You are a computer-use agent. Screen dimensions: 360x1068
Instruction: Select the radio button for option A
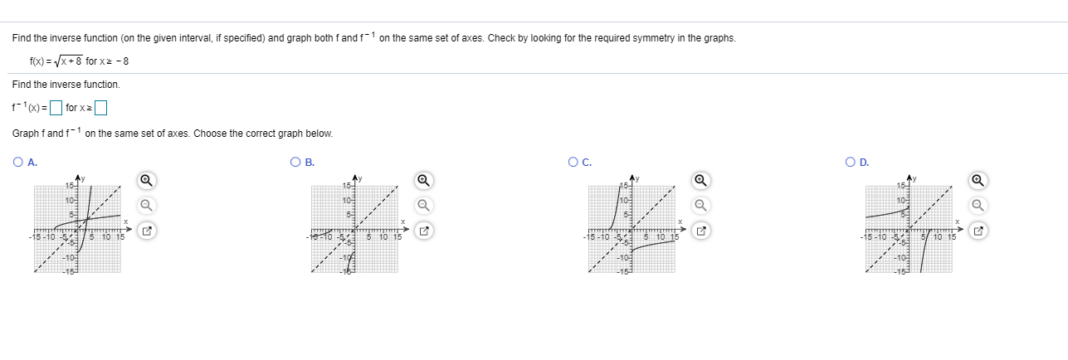pos(18,162)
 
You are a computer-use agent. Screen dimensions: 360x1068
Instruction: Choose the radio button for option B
pos(296,162)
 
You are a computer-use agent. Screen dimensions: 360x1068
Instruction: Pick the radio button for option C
pos(573,162)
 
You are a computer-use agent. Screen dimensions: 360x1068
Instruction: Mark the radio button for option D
pos(851,162)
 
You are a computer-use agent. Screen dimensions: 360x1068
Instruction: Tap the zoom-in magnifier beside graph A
pos(146,180)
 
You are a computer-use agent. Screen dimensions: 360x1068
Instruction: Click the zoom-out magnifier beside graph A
pos(146,205)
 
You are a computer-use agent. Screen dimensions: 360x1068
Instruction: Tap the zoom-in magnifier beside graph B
pos(423,180)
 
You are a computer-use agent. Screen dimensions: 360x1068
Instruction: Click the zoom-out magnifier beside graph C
pos(701,205)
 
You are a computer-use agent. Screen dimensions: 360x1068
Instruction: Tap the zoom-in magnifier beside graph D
pos(978,180)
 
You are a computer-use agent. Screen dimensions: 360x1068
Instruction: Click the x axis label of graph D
pos(957,221)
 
